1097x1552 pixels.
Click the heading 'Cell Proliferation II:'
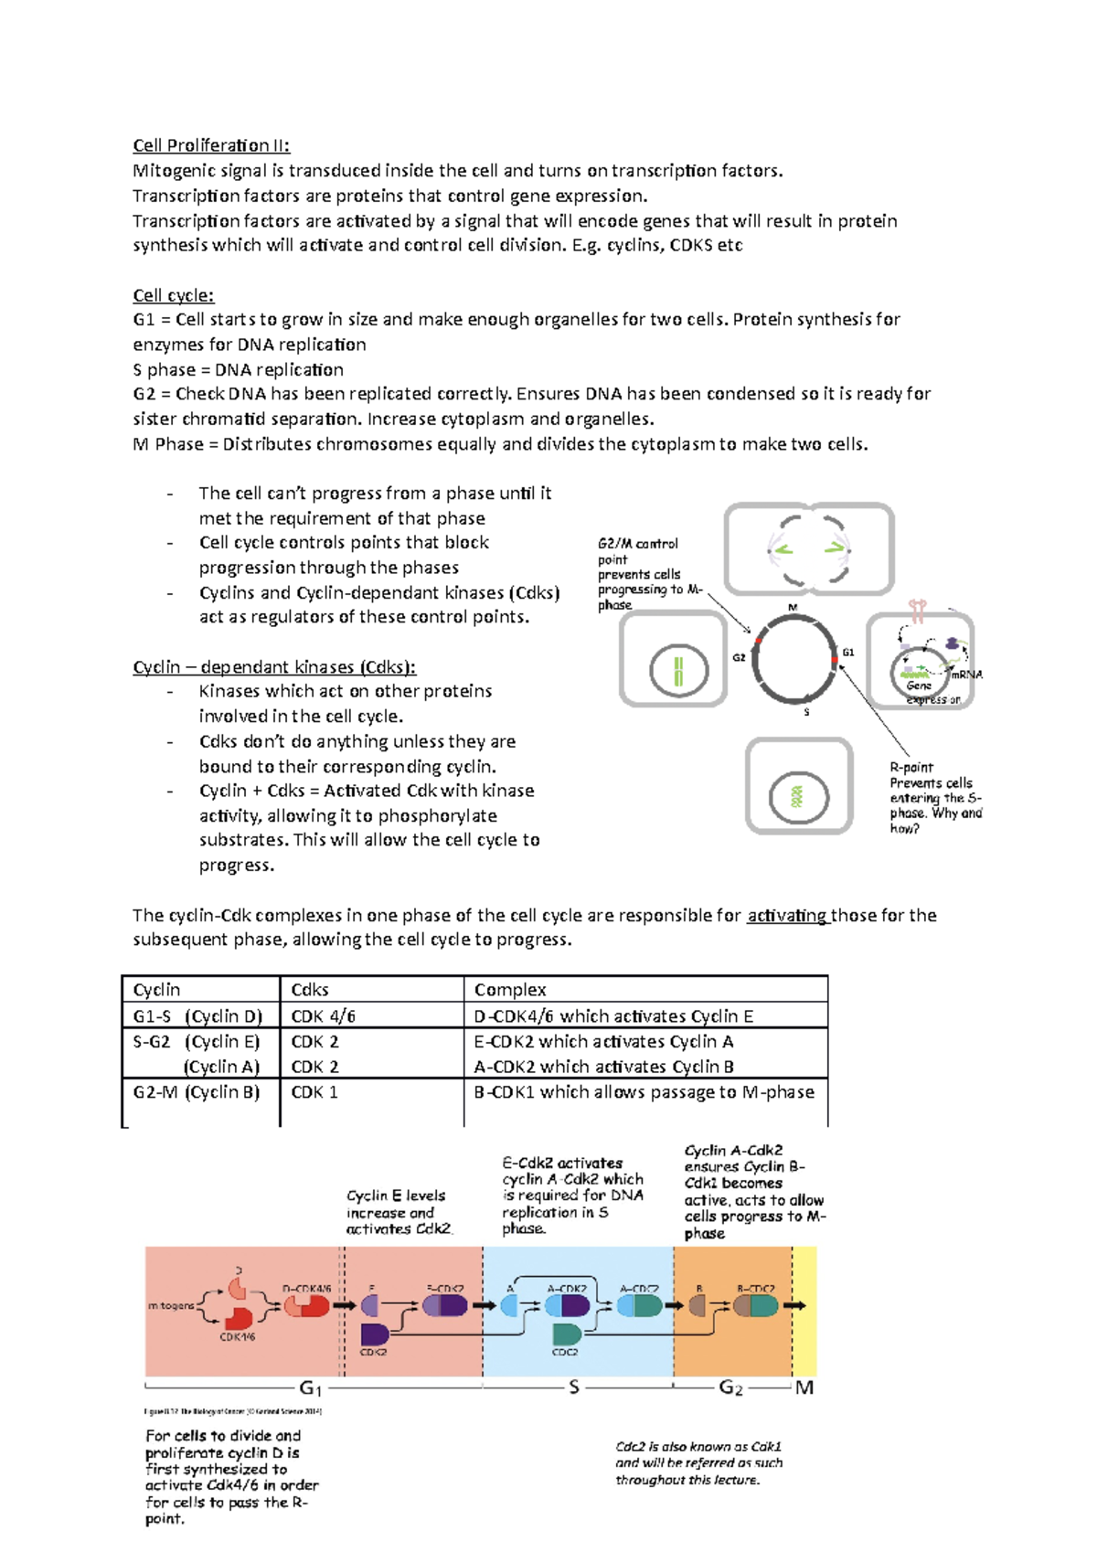point(211,145)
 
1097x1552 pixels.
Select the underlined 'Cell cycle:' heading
point(174,295)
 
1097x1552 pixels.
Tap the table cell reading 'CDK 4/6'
point(323,1016)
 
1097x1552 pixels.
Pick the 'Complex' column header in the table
point(510,990)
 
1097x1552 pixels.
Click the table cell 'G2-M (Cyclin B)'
point(197,1092)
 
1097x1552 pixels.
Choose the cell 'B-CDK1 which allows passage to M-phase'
point(644,1092)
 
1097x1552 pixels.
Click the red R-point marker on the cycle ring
point(835,660)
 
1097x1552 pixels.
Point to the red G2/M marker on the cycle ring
point(759,641)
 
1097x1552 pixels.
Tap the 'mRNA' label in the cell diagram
point(966,675)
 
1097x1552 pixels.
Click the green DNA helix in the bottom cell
point(797,796)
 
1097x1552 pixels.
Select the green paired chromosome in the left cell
point(678,671)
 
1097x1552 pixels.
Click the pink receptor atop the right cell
point(918,609)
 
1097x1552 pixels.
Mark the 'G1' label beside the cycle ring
point(848,652)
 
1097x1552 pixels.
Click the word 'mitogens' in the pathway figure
point(171,1305)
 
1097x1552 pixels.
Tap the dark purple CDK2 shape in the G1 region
point(375,1334)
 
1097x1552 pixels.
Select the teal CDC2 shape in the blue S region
point(566,1334)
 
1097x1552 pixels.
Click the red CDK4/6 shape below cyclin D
point(240,1318)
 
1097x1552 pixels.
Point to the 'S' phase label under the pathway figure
point(574,1387)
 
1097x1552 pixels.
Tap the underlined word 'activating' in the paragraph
point(787,915)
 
